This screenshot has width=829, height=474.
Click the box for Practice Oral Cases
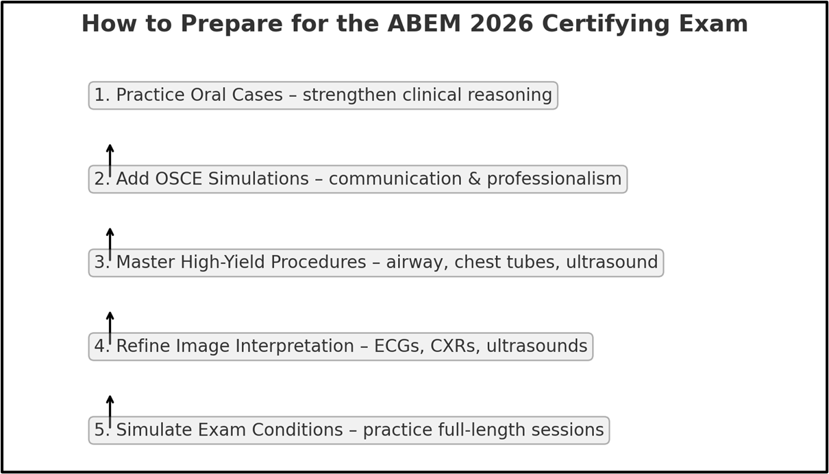323,95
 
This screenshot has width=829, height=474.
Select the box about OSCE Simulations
358,179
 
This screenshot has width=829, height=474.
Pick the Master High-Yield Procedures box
375,263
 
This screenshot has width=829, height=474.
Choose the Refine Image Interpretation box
341,346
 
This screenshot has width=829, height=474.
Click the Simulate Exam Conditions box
349,430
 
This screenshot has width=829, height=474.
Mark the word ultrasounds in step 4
536,346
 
